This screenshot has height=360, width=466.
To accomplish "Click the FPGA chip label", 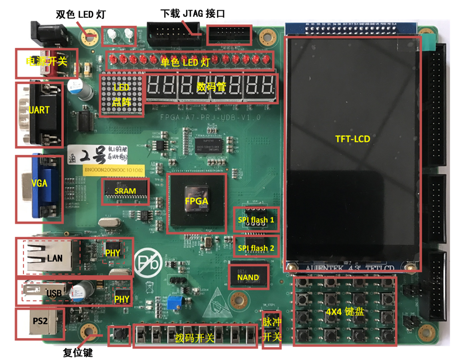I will (197, 200).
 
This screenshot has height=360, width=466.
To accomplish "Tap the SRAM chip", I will (125, 191).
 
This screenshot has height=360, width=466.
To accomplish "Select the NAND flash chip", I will (249, 277).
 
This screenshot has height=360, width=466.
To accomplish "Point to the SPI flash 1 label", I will (257, 219).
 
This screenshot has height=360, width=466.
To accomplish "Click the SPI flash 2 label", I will (257, 248).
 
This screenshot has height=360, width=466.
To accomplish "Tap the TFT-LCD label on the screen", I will (353, 139).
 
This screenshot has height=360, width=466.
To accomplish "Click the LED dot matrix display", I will (122, 95).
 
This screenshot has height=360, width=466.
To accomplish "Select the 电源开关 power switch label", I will (46, 62).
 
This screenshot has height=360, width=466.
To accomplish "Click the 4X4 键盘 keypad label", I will (345, 312).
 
